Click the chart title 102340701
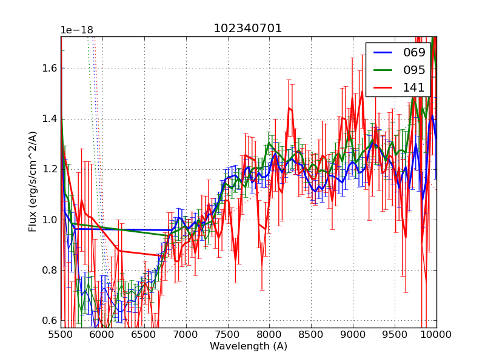(x=247, y=29)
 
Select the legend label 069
(x=414, y=53)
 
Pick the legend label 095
(x=414, y=70)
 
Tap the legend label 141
(x=414, y=88)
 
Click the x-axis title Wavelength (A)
(x=249, y=346)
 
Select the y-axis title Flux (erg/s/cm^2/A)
(x=33, y=182)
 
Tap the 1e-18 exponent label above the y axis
(x=76, y=30)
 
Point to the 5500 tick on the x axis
(x=61, y=334)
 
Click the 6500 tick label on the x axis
(x=144, y=334)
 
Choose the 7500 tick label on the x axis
(x=228, y=334)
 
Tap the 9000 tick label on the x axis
(x=353, y=334)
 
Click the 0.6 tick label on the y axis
(x=49, y=320)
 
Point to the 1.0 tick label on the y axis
(x=49, y=220)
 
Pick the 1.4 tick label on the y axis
(x=49, y=118)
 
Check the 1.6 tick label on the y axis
(x=49, y=68)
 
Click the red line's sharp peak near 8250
(x=290, y=109)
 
